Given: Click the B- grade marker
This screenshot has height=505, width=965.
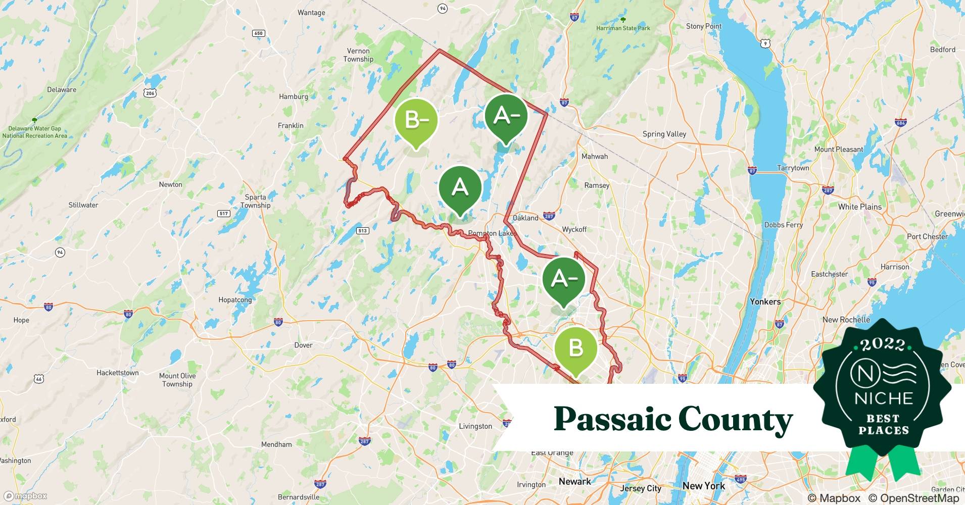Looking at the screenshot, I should click(x=416, y=120).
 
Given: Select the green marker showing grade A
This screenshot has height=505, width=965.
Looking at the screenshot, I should click(x=460, y=188).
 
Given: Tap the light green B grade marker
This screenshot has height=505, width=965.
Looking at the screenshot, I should click(x=575, y=348).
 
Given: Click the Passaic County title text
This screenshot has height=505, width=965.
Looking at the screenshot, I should click(x=673, y=419).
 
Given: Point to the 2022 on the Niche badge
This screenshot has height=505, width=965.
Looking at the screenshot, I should click(x=883, y=344).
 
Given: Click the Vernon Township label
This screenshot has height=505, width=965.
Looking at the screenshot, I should click(x=358, y=55).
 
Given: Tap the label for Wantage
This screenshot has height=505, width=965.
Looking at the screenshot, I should click(x=311, y=13).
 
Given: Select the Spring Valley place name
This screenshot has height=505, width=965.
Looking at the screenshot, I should click(x=664, y=134).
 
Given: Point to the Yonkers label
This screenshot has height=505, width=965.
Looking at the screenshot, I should click(x=765, y=301).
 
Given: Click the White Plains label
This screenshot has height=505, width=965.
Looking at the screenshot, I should click(x=859, y=207).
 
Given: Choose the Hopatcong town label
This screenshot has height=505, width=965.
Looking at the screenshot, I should click(x=235, y=299).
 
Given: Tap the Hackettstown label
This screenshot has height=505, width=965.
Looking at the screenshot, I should click(x=117, y=373).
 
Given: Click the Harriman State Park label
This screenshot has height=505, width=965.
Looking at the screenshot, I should click(x=623, y=28).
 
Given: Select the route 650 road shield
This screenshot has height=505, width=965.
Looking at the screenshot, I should click(x=258, y=33).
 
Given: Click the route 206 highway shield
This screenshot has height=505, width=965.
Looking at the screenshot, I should click(x=150, y=93).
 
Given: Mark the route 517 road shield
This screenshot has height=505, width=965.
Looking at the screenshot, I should click(x=224, y=214).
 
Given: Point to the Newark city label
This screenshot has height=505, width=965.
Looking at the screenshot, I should click(x=574, y=481).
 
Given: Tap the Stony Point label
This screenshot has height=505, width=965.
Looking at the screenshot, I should click(x=703, y=26).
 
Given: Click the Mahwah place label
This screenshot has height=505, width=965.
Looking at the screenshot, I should click(x=595, y=156).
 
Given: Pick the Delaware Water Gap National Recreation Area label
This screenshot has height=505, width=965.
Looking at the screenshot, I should click(x=34, y=132).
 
